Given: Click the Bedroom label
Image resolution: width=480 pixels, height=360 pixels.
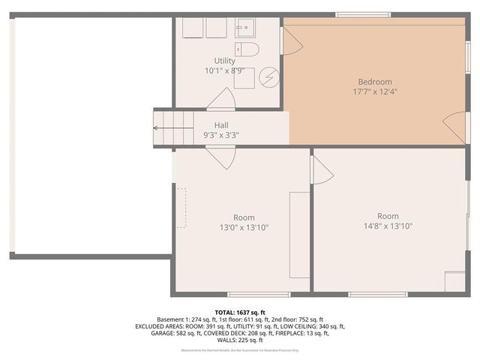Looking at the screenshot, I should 374,82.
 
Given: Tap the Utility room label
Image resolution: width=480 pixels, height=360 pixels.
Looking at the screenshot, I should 224,61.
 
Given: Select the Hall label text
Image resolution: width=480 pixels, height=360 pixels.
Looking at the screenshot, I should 221,125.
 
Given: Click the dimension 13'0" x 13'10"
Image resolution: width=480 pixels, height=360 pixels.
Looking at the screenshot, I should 244,227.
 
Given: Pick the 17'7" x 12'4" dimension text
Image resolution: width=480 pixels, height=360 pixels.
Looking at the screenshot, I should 374,92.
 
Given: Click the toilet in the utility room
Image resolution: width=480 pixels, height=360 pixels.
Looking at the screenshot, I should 248,49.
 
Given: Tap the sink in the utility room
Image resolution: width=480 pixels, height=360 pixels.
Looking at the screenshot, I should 244,29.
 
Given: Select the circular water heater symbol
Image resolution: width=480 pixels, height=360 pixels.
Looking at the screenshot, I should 269,76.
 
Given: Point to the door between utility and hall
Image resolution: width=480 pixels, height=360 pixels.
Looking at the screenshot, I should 220,99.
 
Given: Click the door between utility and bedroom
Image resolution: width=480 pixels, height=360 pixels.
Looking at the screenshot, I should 290,40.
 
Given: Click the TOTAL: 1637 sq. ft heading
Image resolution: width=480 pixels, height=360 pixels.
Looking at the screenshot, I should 239,312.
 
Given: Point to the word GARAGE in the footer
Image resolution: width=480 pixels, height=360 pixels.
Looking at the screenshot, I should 147,334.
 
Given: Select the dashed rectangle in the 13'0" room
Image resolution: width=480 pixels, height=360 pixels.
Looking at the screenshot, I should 181,207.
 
